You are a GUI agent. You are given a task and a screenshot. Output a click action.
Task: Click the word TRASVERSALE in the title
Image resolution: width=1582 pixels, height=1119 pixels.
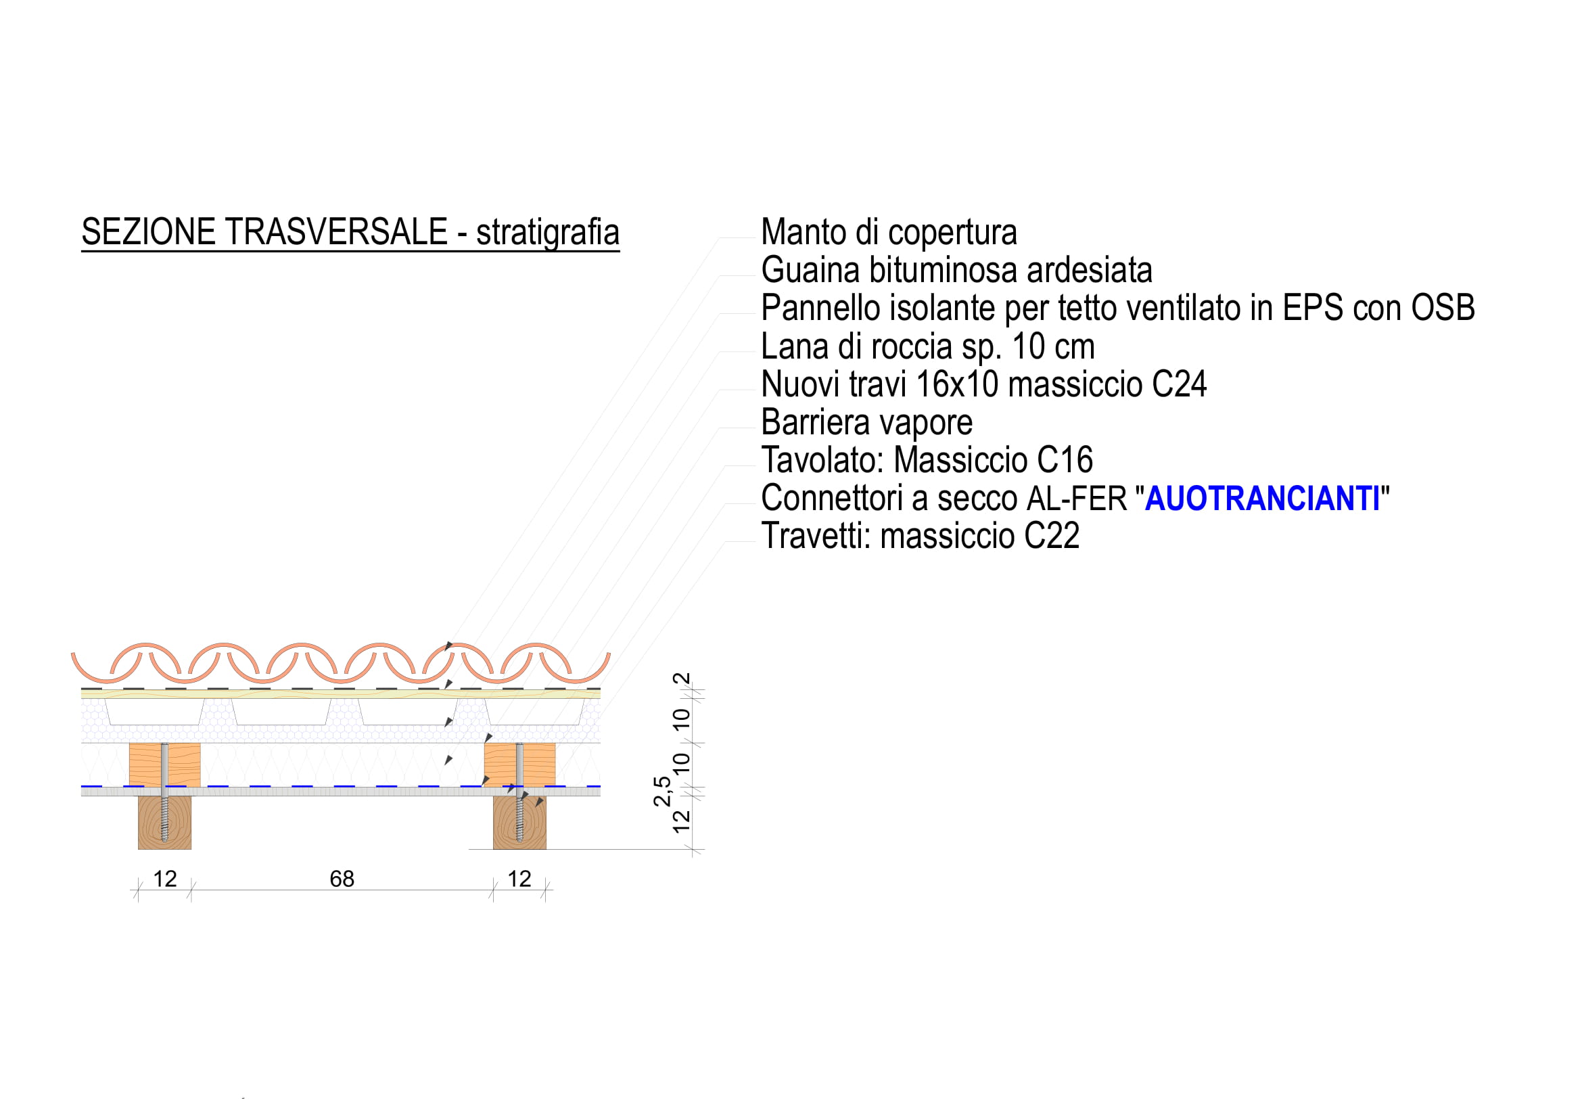coord(336,231)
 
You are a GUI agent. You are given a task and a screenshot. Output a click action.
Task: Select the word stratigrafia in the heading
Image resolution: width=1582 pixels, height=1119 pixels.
coord(548,233)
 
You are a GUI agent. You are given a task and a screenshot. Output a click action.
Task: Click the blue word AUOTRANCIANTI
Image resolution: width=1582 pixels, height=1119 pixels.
coord(1262,498)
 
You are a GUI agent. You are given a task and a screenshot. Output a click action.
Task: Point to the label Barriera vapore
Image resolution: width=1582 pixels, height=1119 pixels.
coord(867,422)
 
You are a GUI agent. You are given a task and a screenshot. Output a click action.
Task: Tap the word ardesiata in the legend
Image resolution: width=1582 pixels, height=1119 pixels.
coord(1090,270)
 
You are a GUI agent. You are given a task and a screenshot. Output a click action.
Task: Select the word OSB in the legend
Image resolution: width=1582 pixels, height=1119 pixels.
coord(1443,308)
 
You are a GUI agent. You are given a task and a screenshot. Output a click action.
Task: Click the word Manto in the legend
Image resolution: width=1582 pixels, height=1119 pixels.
coord(804,232)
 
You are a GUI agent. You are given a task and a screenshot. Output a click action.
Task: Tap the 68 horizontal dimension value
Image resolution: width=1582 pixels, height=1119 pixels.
coord(342,879)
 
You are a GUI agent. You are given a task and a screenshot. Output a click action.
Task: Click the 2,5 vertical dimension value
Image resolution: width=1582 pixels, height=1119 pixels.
coord(662,791)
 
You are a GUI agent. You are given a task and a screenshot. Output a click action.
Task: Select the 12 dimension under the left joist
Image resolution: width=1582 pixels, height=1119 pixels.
coord(164,879)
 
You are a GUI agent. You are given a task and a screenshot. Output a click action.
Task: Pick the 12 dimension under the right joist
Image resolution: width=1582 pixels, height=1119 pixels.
coord(519,879)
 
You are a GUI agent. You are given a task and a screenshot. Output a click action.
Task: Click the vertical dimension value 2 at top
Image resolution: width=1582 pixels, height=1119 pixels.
coord(682,679)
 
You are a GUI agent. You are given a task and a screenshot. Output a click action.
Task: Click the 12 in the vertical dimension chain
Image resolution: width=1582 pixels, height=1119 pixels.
coord(682,821)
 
